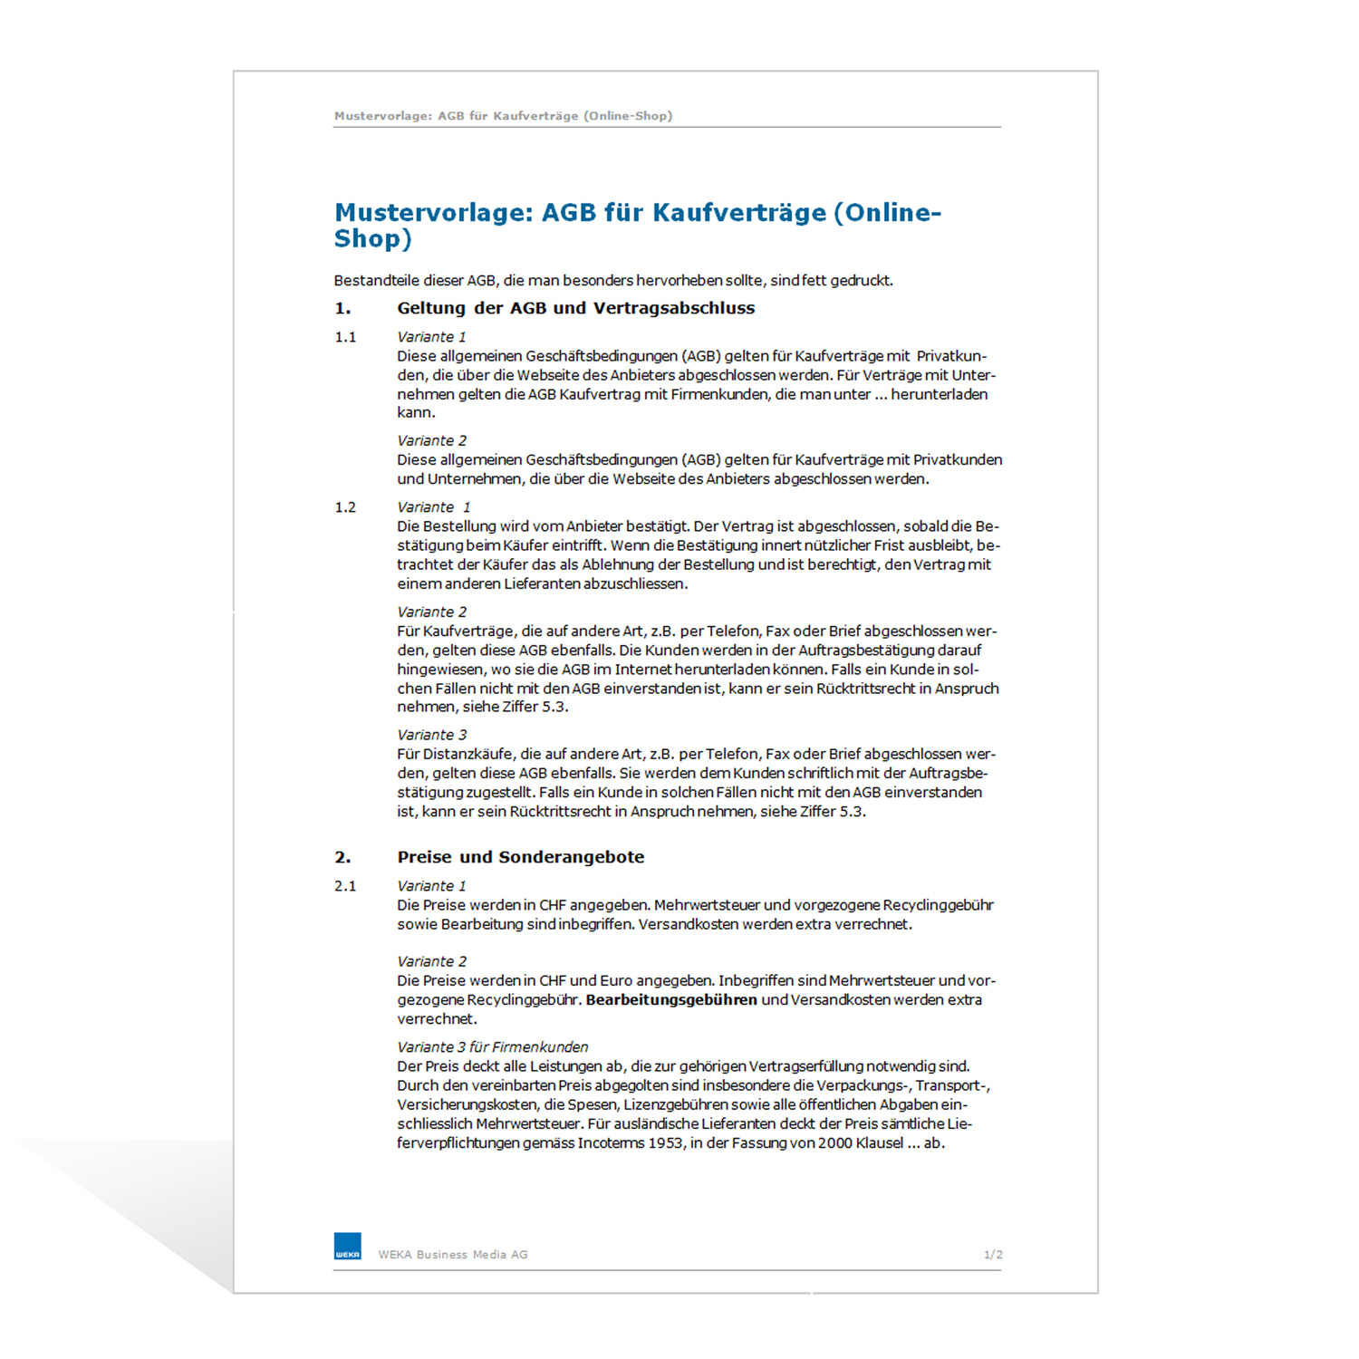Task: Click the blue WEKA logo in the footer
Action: pyautogui.click(x=347, y=1246)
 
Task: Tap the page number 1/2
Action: pyautogui.click(x=993, y=1255)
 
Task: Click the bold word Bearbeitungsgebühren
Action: pyautogui.click(x=671, y=1000)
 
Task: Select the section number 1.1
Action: pyautogui.click(x=345, y=337)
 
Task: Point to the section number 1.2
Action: pyautogui.click(x=345, y=507)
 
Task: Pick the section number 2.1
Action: pyautogui.click(x=345, y=886)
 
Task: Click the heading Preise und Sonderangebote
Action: pyautogui.click(x=521, y=857)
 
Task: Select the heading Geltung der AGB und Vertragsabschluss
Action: pyautogui.click(x=575, y=308)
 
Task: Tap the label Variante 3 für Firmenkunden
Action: pyautogui.click(x=492, y=1047)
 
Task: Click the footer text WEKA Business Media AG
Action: pyautogui.click(x=453, y=1255)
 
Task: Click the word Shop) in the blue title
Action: pyautogui.click(x=372, y=239)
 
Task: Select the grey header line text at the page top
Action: pyautogui.click(x=503, y=116)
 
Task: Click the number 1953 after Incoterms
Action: pyautogui.click(x=666, y=1143)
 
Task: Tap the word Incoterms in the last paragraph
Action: pyautogui.click(x=612, y=1143)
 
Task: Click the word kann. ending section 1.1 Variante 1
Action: pyautogui.click(x=416, y=413)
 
